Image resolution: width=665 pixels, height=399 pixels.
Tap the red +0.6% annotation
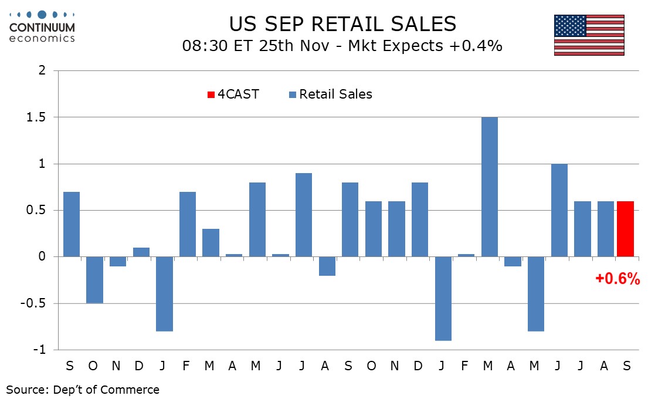[x=617, y=279]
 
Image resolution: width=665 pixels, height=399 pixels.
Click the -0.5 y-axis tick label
[x=36, y=303]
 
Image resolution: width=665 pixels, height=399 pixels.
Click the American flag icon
[x=589, y=35]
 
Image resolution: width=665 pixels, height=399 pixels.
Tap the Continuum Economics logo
[x=42, y=26]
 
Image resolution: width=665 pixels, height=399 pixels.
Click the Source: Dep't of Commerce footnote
[x=83, y=389]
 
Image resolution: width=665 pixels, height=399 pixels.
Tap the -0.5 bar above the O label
[x=94, y=280]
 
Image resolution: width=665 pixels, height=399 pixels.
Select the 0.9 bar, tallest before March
[x=304, y=215]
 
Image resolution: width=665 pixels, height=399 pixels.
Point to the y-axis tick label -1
[x=40, y=350]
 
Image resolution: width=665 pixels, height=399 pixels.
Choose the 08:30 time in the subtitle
[x=202, y=46]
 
